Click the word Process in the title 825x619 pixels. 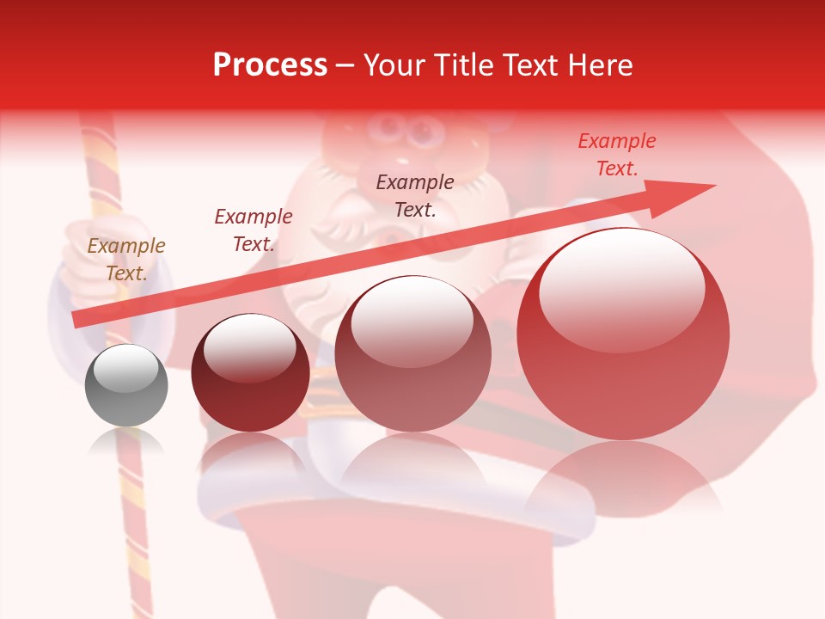[270, 65]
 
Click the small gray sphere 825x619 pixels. [126, 387]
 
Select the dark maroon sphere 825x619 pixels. [250, 378]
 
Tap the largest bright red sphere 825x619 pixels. [623, 344]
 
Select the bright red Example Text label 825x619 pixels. [617, 155]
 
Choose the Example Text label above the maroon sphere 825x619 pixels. [254, 230]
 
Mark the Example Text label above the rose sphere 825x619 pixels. [415, 195]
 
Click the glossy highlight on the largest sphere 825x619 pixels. [621, 288]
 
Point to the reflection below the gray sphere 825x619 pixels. [126, 444]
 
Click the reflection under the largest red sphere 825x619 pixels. [623, 481]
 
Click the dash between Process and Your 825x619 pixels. [345, 65]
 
